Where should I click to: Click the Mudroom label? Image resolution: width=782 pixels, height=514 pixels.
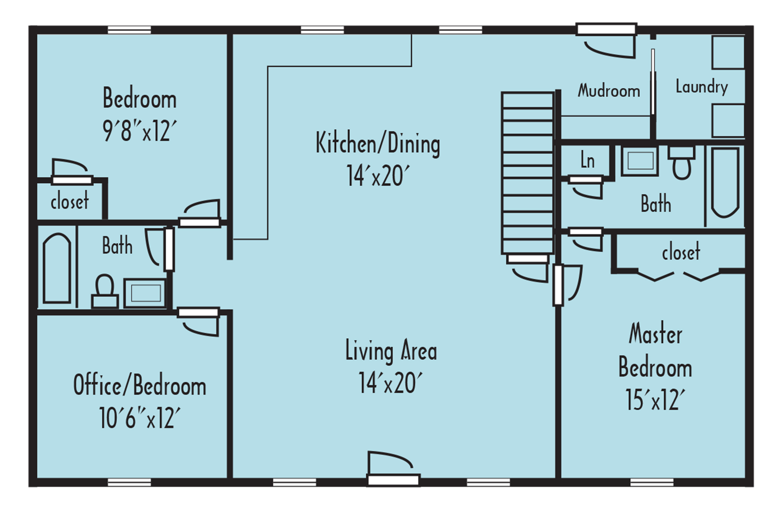click(x=608, y=91)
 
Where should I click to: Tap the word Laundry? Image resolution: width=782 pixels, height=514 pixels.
click(x=701, y=87)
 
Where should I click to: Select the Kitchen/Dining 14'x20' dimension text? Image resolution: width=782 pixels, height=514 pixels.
click(x=378, y=176)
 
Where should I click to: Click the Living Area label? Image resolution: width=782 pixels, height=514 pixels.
click(x=391, y=350)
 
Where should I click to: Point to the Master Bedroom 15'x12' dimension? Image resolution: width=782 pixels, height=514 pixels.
click(x=655, y=400)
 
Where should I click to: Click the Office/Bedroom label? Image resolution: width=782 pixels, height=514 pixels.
click(x=140, y=385)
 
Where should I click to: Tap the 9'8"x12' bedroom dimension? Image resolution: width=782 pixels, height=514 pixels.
click(x=140, y=131)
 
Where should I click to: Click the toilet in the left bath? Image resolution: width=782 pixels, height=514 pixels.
click(x=104, y=291)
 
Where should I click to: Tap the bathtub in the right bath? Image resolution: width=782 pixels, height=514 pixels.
click(x=725, y=182)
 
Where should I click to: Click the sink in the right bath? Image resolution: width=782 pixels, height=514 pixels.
click(x=640, y=161)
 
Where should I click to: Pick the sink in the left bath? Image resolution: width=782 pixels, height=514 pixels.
click(x=145, y=293)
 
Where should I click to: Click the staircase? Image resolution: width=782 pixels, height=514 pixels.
click(x=527, y=173)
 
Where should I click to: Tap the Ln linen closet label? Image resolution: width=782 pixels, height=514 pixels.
click(x=587, y=161)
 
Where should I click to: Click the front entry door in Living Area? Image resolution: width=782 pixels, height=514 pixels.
click(x=393, y=480)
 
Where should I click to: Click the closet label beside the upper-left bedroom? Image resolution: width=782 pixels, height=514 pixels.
click(x=70, y=202)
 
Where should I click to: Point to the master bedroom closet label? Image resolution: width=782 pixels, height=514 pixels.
click(x=681, y=253)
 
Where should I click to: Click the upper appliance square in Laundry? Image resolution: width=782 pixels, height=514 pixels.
click(x=728, y=53)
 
